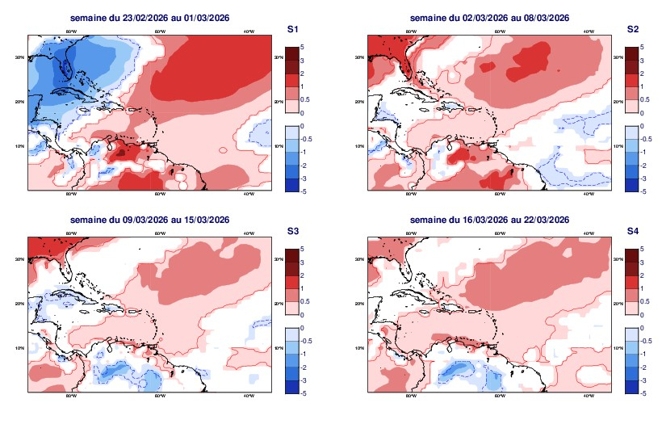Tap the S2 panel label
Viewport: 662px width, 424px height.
(x=633, y=29)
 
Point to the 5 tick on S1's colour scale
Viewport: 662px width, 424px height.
(x=302, y=47)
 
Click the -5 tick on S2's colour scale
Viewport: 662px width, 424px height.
(x=641, y=191)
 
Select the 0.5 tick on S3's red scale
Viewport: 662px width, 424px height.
(x=304, y=300)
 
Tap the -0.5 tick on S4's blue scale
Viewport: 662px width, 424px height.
(x=643, y=341)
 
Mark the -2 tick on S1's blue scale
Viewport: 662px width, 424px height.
(x=303, y=165)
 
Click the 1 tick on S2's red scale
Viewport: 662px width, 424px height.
(x=641, y=86)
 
